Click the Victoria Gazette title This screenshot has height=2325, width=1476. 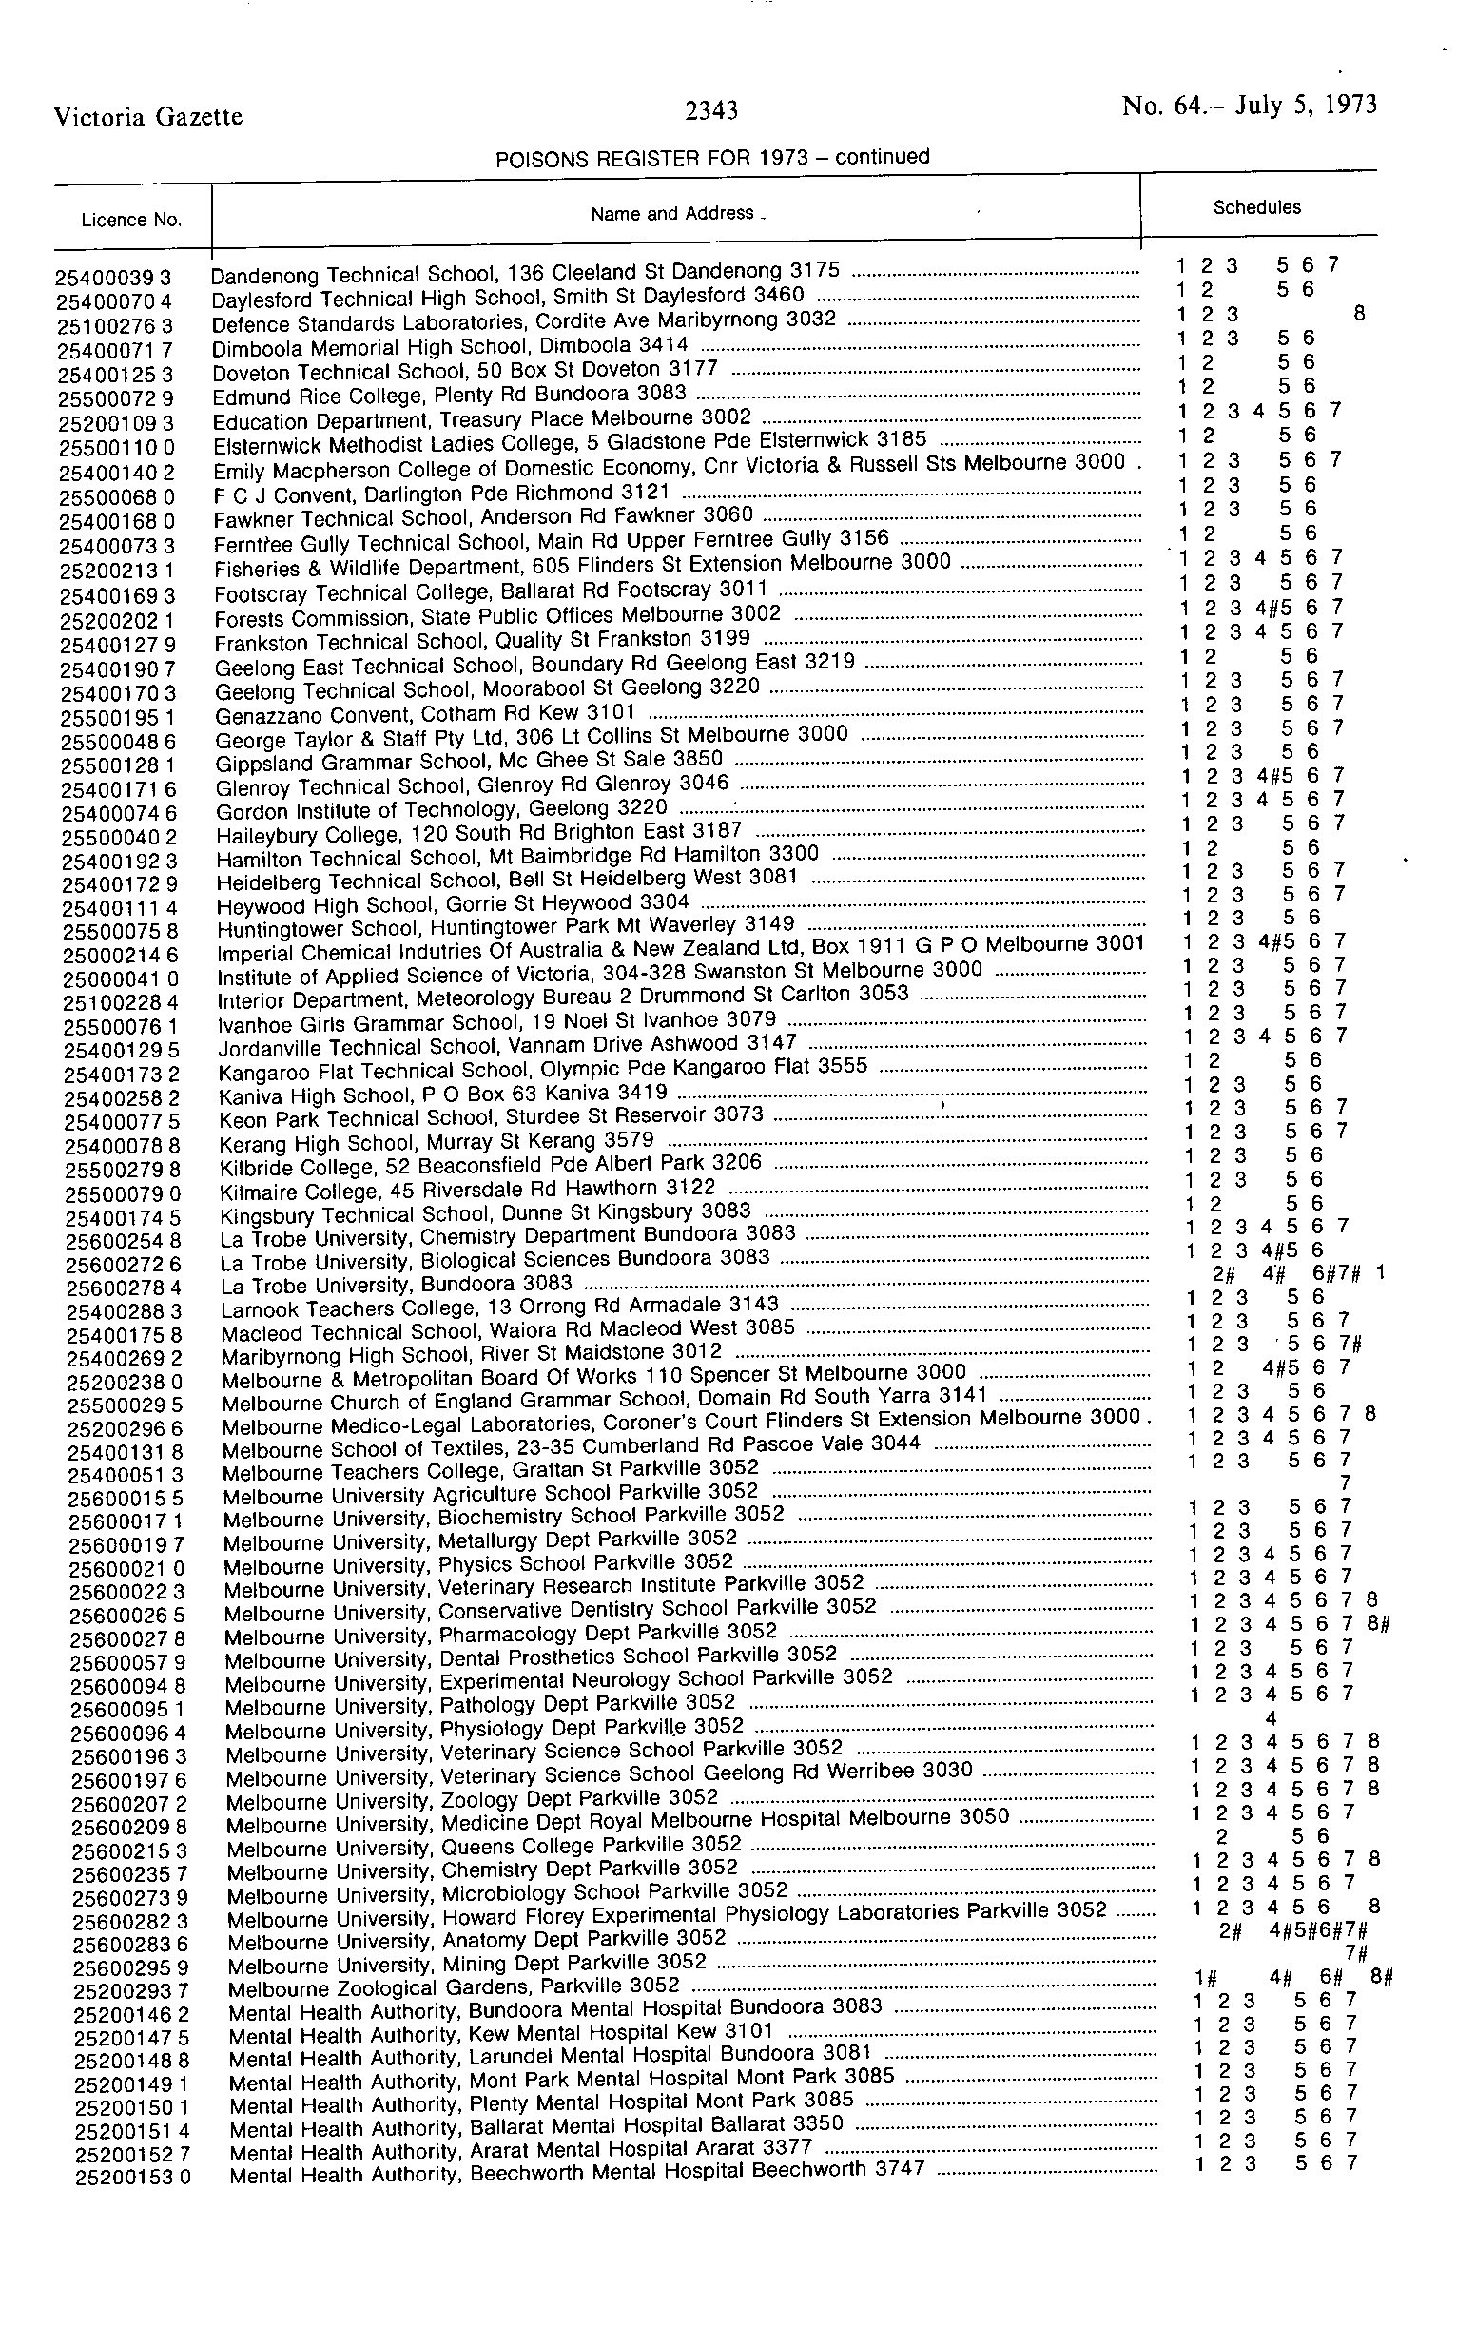(x=147, y=117)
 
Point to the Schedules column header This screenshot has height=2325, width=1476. (x=1256, y=206)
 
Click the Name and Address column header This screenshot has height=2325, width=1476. (x=673, y=213)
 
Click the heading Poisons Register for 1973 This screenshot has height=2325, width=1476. (x=711, y=158)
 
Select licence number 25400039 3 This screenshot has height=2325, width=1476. (x=113, y=278)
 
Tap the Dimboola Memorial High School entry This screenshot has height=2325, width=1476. (x=450, y=346)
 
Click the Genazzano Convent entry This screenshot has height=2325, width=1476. (x=425, y=714)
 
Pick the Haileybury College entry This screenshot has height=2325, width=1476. (x=478, y=832)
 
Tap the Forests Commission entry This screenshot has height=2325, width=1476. (x=497, y=616)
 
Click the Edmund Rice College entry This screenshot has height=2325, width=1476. (x=450, y=395)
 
